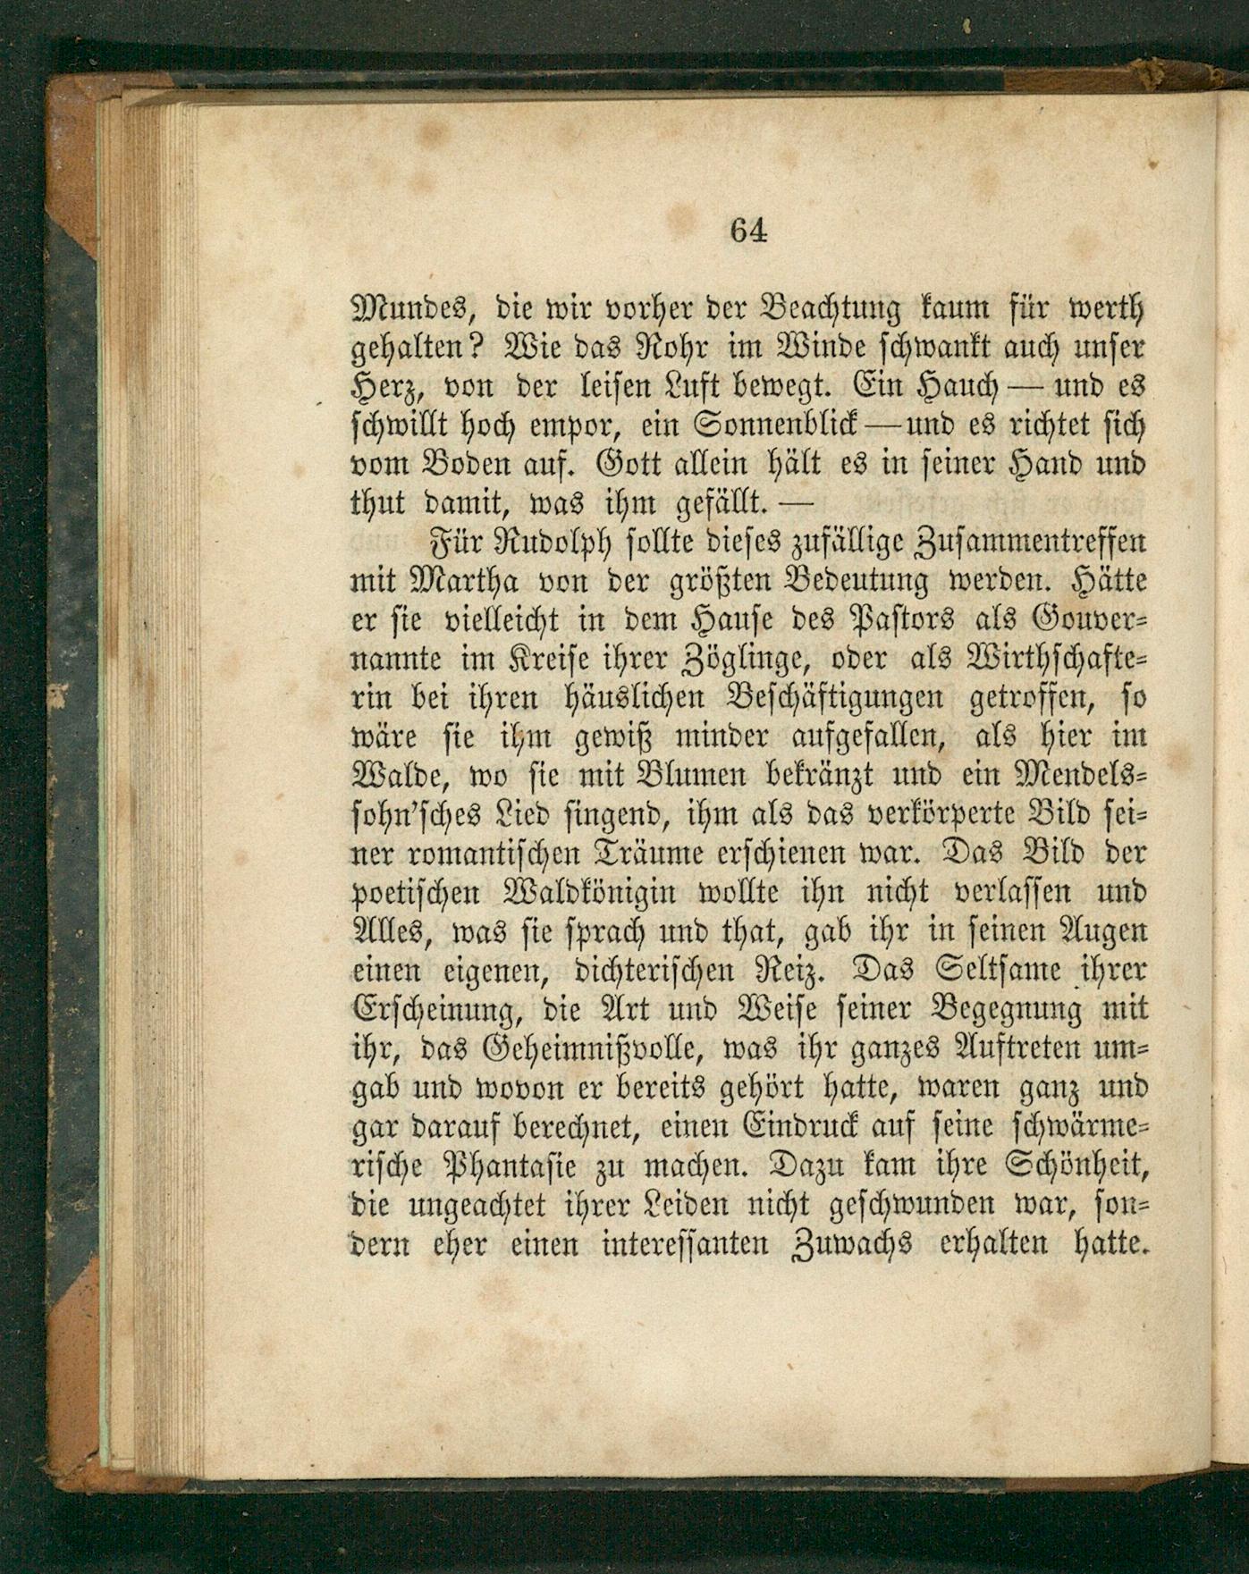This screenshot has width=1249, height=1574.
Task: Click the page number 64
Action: point(748,231)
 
